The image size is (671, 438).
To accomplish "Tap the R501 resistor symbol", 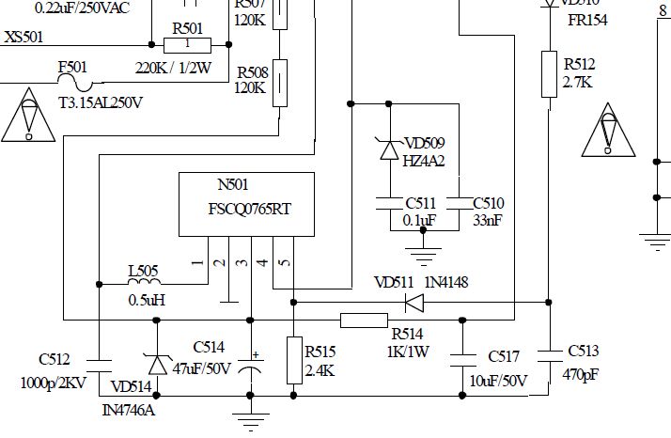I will coord(187,44).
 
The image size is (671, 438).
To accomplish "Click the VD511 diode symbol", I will coord(413,303).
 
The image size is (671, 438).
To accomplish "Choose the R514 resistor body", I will coord(364,320).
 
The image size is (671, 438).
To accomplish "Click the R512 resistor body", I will coord(549,74).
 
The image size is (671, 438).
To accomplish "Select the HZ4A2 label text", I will coord(424,161).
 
